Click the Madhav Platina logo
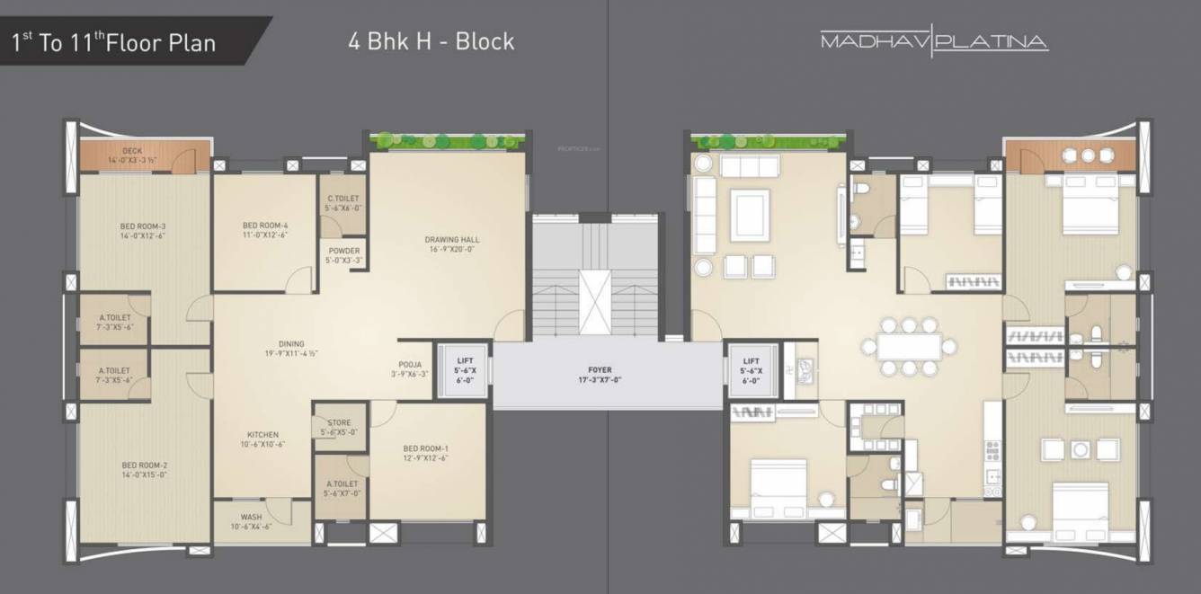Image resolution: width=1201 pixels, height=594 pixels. (x=934, y=41)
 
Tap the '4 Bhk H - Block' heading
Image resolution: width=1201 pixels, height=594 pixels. (x=431, y=41)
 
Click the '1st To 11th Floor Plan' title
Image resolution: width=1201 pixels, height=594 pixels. (x=114, y=42)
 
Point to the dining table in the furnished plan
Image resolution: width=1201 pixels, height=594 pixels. (x=909, y=346)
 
